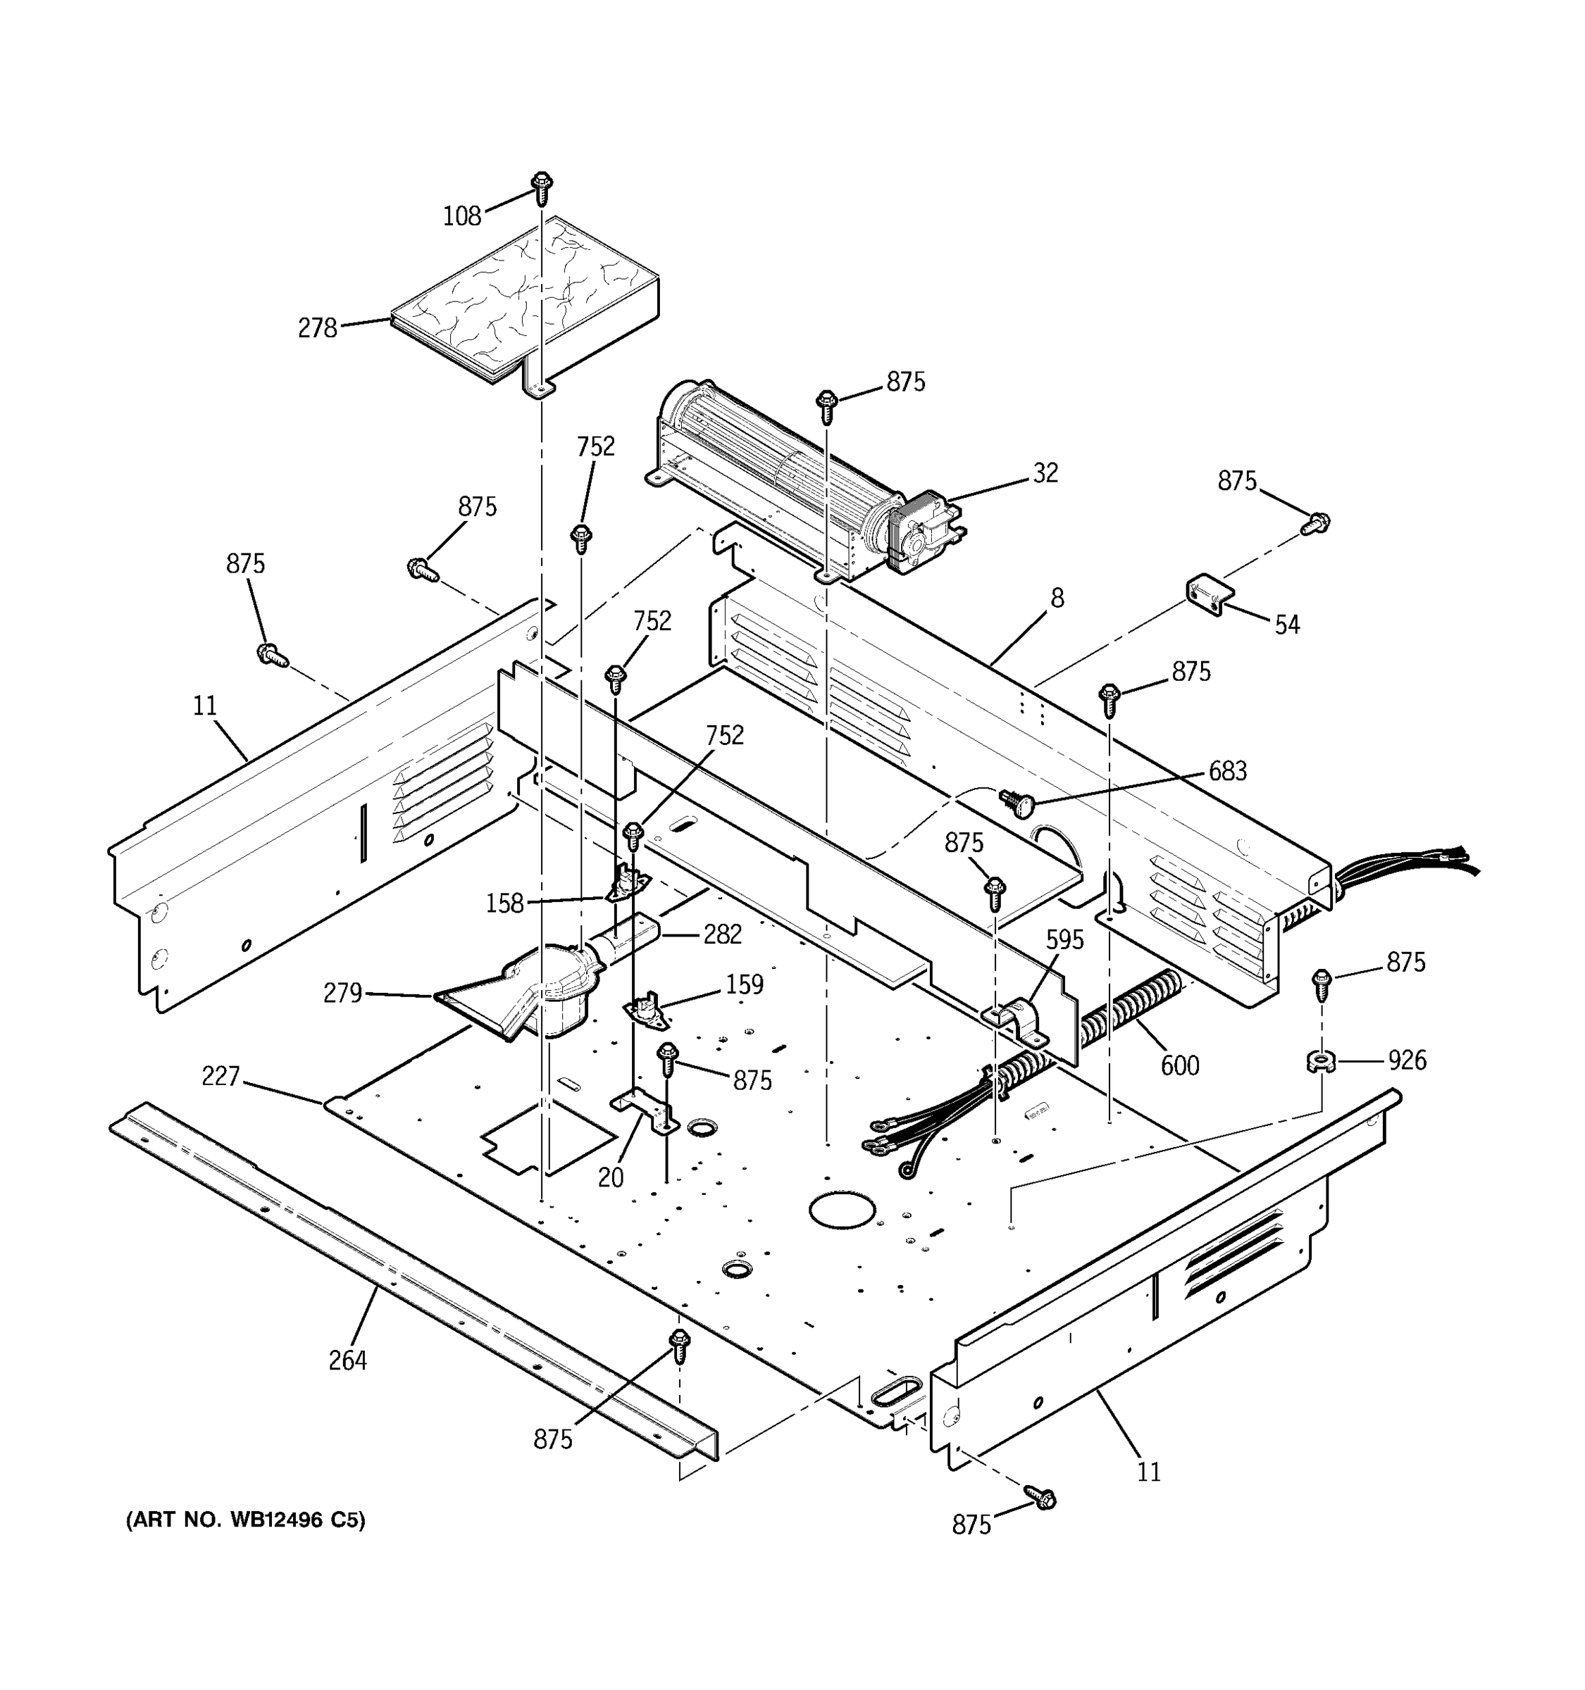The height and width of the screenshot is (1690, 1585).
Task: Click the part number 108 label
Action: [x=461, y=217]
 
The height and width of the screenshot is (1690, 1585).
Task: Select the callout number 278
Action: [x=317, y=328]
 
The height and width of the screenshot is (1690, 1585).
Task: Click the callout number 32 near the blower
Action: [x=1045, y=473]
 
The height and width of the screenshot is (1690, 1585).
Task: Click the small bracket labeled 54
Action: [x=1209, y=594]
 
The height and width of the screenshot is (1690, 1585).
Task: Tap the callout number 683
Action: [x=1227, y=771]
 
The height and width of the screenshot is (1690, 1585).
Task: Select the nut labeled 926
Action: [x=1319, y=1062]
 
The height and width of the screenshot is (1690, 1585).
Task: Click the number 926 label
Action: [x=1407, y=1060]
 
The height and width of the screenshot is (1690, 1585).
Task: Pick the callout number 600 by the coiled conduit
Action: [x=1179, y=1065]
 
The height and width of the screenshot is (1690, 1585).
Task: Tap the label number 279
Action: [x=342, y=993]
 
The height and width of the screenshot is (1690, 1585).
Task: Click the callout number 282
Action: [x=722, y=934]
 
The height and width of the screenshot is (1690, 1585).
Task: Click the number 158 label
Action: [x=504, y=903]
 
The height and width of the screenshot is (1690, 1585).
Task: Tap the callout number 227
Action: [x=220, y=1077]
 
